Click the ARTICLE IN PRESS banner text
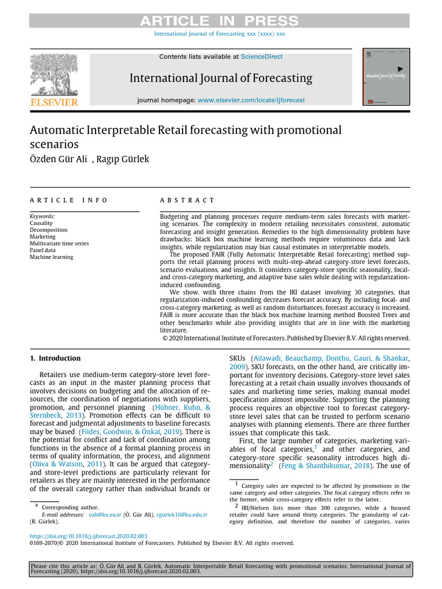point(220,21)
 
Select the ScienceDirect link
point(262,57)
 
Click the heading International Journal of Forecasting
point(220,78)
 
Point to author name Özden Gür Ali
point(57,159)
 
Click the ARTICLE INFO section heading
point(68,200)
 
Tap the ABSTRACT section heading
point(186,200)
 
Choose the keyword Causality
point(41,223)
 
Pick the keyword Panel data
point(43,250)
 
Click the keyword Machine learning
point(51,257)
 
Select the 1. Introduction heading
point(55,358)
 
